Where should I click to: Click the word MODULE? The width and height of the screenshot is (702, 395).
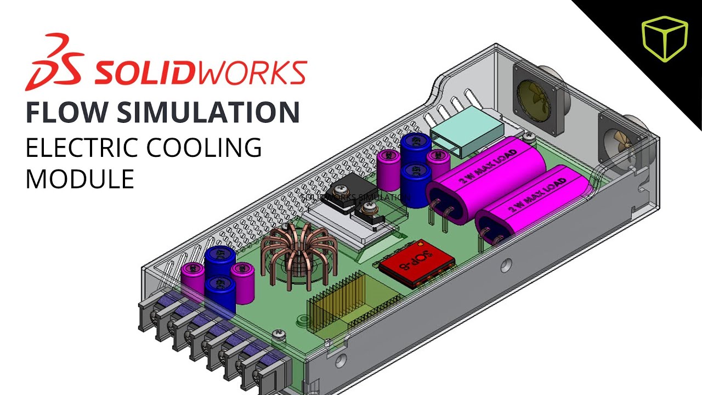point(80,179)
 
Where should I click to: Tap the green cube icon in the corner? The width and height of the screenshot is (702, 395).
point(664,38)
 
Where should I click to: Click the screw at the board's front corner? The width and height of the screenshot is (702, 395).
point(279,333)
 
